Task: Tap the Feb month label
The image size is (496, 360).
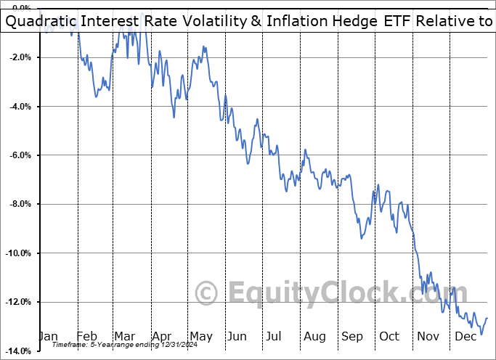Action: click(87, 336)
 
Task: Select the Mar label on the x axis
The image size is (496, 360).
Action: click(125, 336)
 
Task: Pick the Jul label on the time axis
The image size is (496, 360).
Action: click(275, 336)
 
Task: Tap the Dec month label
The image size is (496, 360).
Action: click(465, 336)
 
